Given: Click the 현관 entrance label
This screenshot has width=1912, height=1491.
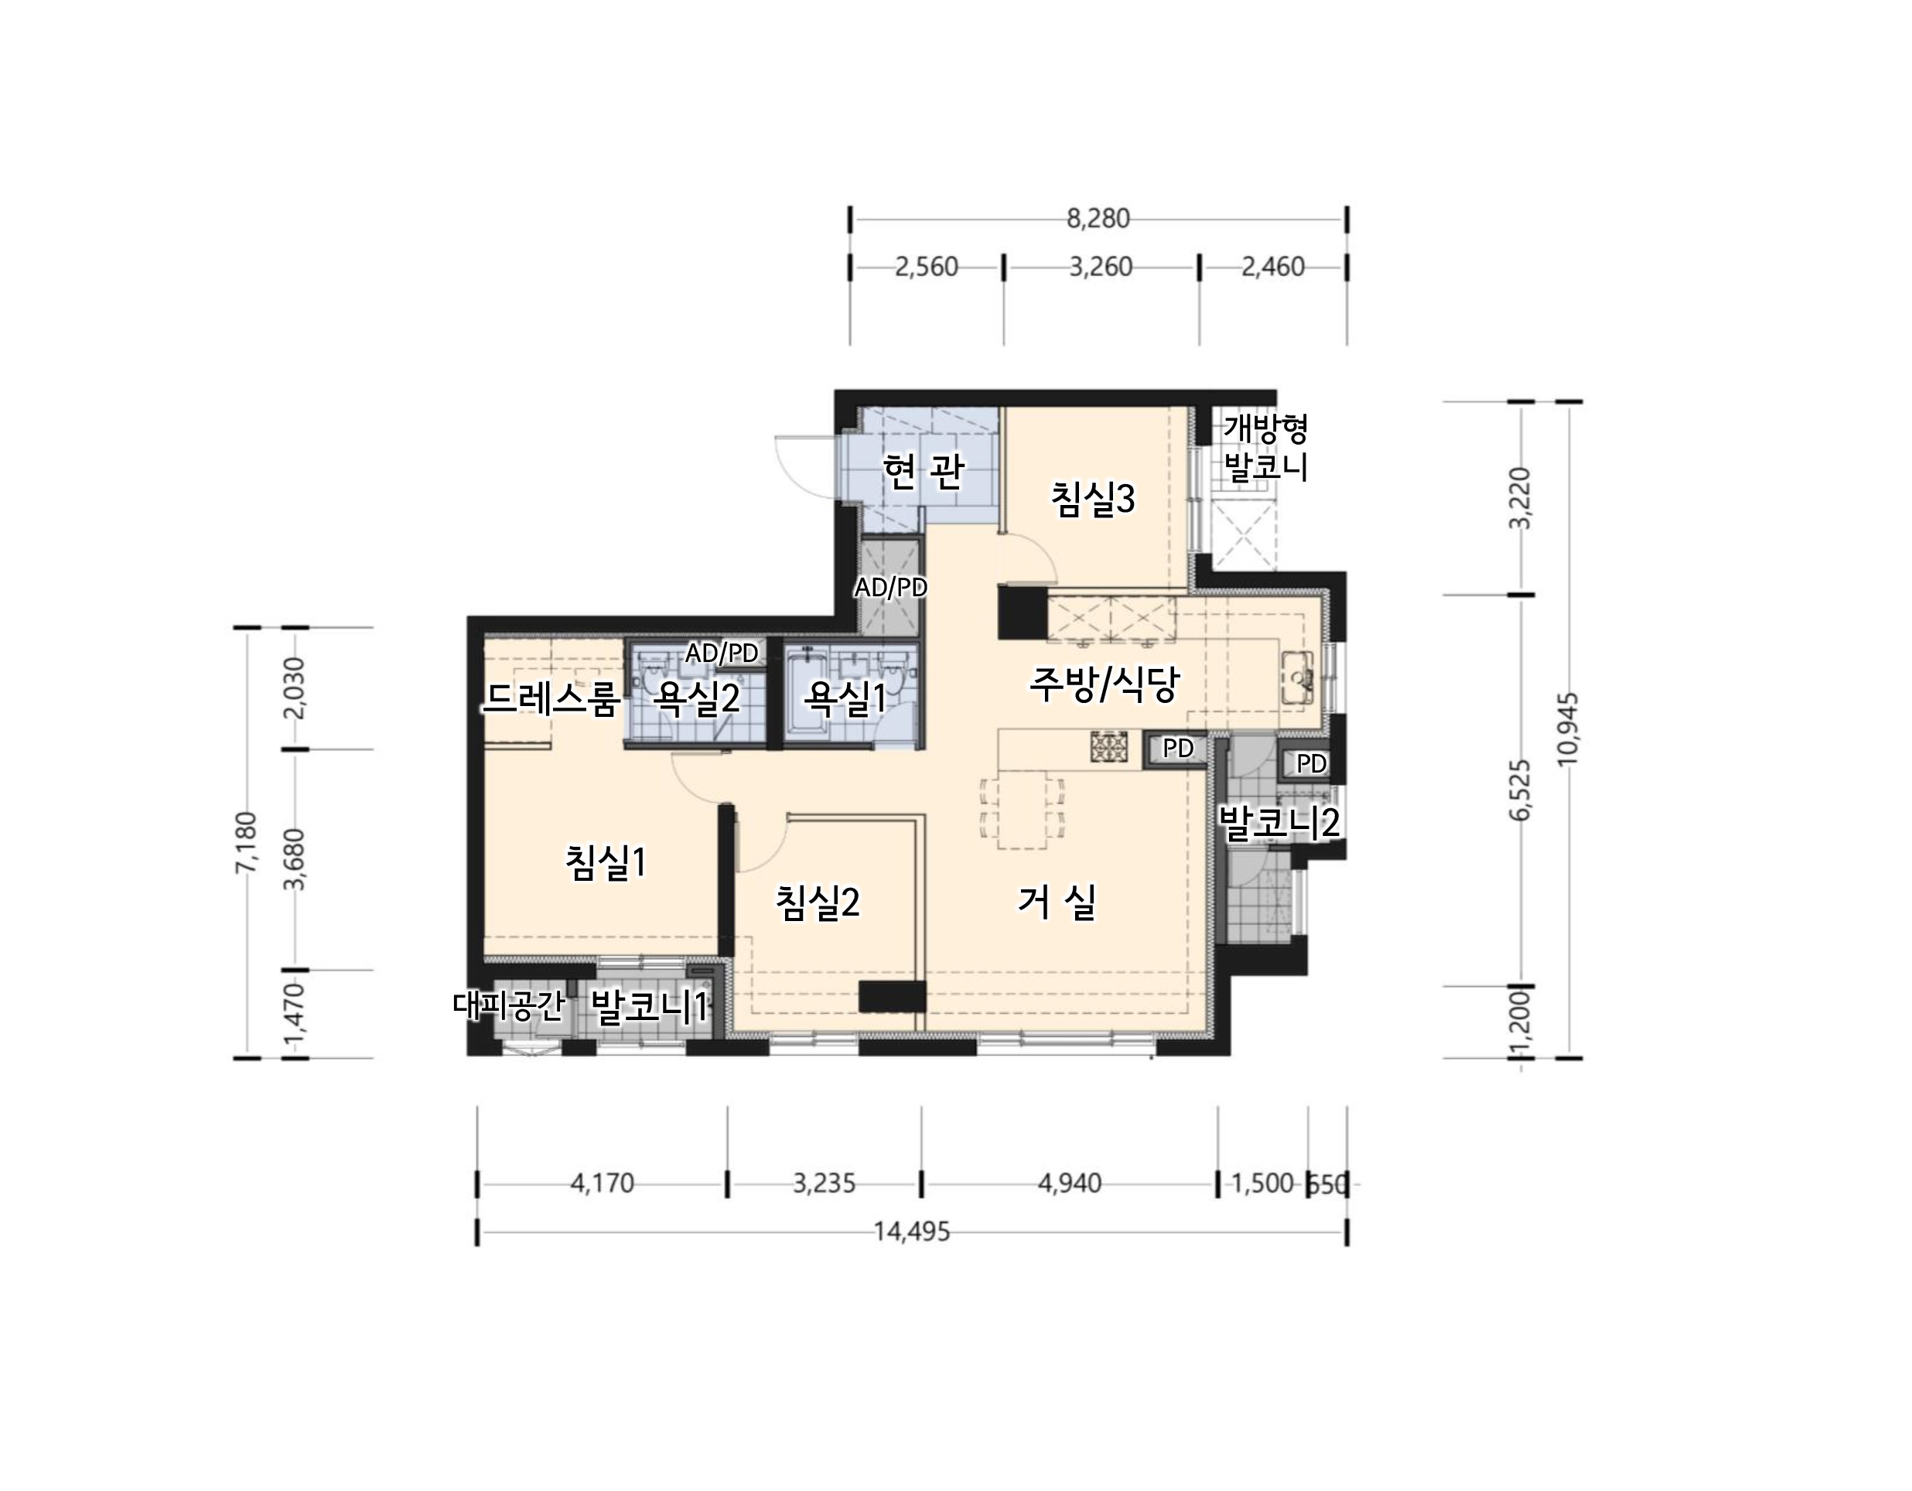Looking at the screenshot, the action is (924, 472).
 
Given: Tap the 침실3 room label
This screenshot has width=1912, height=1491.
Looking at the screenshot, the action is (1093, 499).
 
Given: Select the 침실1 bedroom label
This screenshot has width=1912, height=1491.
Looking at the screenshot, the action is (605, 863).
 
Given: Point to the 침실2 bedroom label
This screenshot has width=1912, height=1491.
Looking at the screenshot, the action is (818, 902).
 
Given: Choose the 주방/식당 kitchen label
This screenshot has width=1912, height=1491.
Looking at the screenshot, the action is (1104, 684).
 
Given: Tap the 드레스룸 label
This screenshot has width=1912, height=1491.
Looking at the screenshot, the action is (551, 698).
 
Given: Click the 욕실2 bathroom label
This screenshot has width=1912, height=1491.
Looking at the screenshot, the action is (698, 698).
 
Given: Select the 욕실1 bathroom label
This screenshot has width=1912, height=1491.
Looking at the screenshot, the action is (845, 698).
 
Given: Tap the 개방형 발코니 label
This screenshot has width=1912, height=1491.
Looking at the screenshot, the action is (1266, 448).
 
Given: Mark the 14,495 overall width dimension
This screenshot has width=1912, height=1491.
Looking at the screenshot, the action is (911, 1232).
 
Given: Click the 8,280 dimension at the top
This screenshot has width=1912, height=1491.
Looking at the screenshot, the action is (1098, 218).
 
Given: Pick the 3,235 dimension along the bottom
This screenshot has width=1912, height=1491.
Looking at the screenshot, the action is (824, 1184).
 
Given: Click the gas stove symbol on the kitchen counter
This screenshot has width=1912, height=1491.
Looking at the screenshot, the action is (1109, 747).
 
